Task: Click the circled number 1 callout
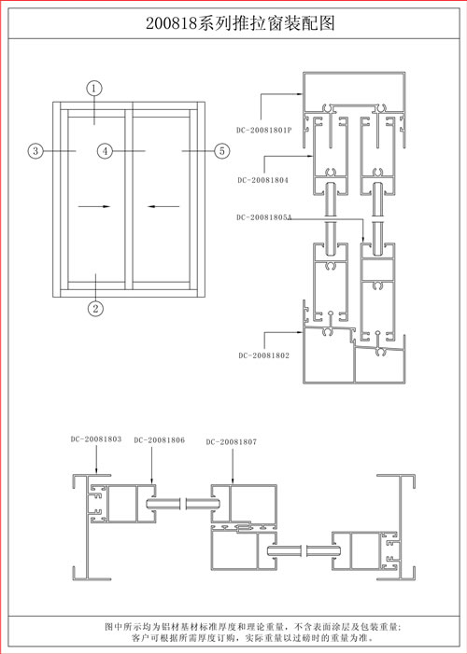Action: pos(94,89)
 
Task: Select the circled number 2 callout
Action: pos(95,309)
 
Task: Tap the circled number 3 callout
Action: pos(35,150)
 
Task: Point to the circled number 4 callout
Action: pos(106,150)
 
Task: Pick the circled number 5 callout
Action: pos(221,150)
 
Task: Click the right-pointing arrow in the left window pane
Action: pos(94,206)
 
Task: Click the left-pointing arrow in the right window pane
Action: pos(163,206)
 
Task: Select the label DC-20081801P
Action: pos(264,130)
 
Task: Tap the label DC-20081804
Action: pos(262,180)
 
